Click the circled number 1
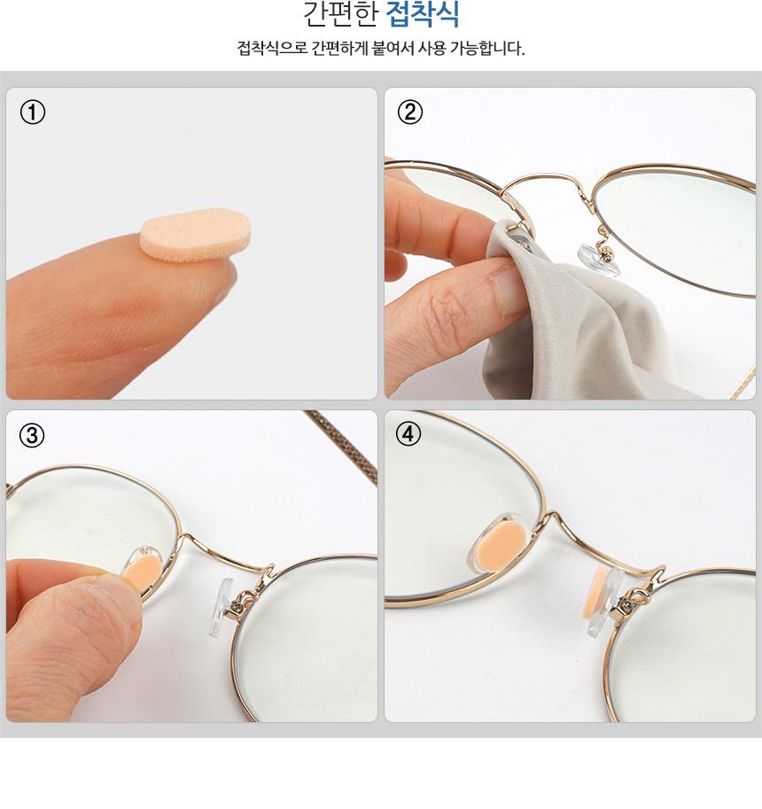[33, 113]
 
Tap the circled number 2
[410, 112]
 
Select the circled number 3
[32, 435]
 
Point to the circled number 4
[408, 434]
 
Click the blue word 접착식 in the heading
[423, 14]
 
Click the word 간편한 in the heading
[340, 14]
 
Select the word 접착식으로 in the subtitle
[272, 48]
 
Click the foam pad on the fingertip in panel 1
[196, 235]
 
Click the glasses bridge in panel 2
[546, 180]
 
